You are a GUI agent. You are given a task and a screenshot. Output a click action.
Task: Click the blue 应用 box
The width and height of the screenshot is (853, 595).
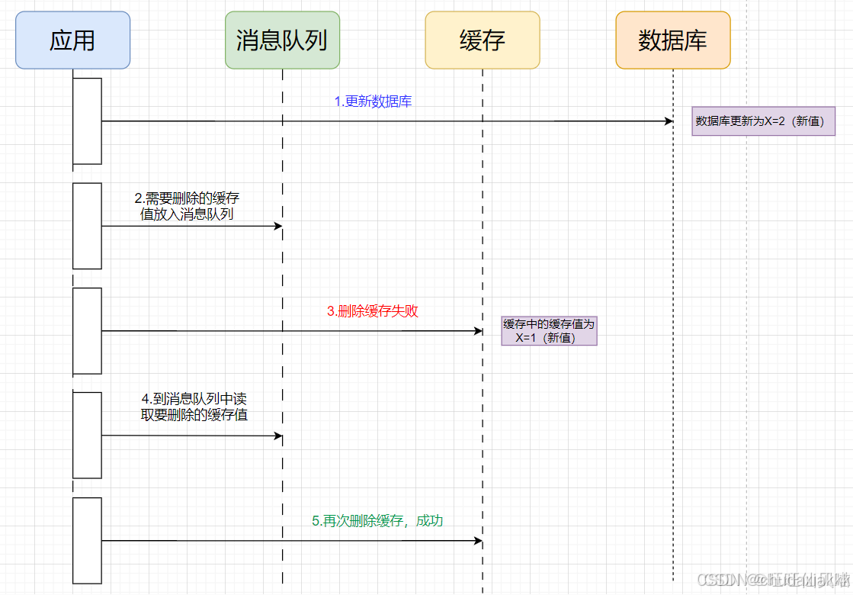72,40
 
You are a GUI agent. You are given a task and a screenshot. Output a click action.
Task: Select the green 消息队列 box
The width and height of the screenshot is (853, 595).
282,40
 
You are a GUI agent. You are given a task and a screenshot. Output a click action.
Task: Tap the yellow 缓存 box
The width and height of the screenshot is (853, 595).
483,40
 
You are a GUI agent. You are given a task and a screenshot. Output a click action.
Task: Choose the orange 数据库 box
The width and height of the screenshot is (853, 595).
673,40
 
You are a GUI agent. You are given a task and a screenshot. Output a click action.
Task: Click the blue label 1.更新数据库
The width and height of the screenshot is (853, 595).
374,101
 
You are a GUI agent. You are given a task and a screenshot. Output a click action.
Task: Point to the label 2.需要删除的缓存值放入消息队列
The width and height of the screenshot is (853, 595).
187,206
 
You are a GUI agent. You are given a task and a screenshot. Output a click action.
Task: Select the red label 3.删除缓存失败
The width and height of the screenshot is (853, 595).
373,311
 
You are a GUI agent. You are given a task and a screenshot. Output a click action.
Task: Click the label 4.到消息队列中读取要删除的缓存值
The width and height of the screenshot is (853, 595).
194,407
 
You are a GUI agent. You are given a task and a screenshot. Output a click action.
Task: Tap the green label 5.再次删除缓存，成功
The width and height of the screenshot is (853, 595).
377,521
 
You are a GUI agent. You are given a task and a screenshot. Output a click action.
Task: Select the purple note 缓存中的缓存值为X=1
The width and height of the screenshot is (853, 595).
549,331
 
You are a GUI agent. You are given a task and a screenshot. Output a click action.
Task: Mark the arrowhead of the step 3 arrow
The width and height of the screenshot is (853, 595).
479,331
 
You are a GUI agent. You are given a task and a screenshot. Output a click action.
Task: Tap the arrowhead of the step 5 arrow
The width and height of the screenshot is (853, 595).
479,541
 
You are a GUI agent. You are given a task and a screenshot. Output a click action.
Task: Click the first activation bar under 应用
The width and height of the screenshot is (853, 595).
87,121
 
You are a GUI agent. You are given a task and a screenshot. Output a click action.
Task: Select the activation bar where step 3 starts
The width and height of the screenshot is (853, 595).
87,331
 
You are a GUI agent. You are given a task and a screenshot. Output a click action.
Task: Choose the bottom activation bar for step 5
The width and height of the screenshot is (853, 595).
87,541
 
